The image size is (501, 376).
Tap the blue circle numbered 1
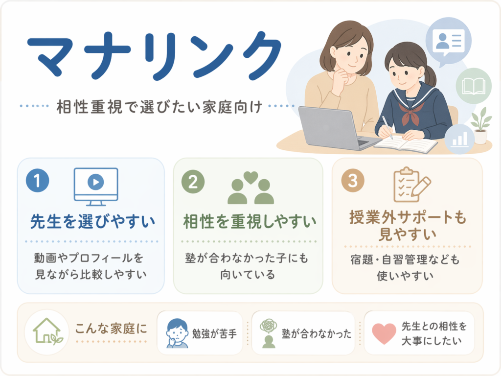coord(38,180)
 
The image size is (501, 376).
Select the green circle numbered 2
coord(193,182)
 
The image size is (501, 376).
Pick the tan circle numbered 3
coord(353,180)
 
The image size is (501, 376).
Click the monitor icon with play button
coord(96,187)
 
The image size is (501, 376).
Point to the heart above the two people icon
coord(251,177)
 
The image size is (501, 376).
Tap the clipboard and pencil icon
coord(411,185)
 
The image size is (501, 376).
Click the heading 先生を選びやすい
coord(92,221)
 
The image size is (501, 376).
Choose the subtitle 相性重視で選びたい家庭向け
coord(159,107)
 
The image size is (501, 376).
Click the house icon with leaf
coord(47,331)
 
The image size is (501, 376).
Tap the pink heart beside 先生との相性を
coord(384,333)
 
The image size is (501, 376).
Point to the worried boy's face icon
coord(177,333)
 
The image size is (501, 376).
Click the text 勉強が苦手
coord(214,334)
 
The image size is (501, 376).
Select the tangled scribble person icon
coord(269,333)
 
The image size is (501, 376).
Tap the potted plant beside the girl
coord(481,125)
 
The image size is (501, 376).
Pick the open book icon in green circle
coord(474,86)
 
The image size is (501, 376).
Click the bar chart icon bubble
coord(460,139)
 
